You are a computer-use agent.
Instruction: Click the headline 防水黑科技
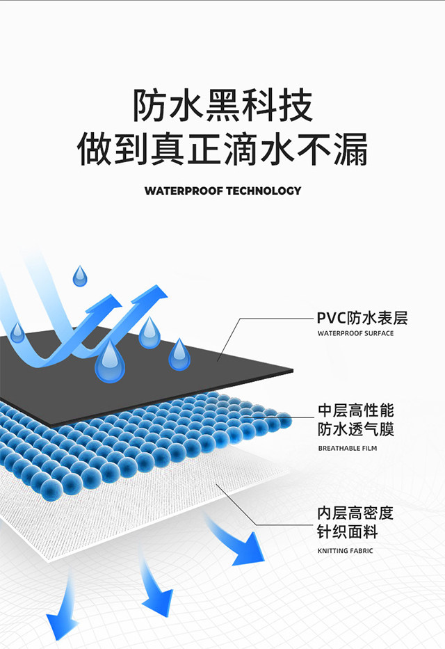(222, 106)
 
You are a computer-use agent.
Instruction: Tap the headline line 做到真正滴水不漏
(222, 150)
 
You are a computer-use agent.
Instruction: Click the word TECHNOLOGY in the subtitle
(264, 191)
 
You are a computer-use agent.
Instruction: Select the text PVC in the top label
(331, 319)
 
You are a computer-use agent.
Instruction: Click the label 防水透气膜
(355, 429)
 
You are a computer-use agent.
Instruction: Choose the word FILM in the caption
(370, 449)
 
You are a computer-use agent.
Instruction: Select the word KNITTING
(333, 551)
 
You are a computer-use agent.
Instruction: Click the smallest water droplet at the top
(81, 276)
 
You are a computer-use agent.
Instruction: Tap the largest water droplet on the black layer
(109, 362)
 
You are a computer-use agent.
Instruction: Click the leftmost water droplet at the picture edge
(17, 333)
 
